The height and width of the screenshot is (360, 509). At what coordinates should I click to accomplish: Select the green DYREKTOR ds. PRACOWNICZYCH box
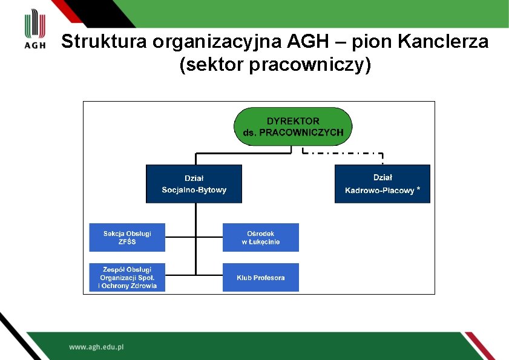click(x=293, y=126)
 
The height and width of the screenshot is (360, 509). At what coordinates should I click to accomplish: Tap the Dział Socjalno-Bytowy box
click(x=194, y=184)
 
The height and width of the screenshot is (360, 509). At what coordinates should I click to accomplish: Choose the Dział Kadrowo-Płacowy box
click(x=382, y=184)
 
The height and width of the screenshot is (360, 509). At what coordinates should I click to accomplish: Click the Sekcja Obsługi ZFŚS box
click(x=127, y=237)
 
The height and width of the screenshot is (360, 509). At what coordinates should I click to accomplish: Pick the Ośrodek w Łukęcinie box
click(x=260, y=237)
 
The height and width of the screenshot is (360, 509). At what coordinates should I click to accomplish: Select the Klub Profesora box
click(x=260, y=278)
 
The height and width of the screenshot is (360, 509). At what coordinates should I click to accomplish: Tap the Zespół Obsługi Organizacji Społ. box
click(x=127, y=278)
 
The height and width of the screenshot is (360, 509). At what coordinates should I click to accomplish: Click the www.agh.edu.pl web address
click(x=96, y=347)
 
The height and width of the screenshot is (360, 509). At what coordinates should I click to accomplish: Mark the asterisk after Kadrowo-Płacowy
click(x=419, y=189)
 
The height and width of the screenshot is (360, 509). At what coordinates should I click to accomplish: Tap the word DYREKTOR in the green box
click(x=293, y=121)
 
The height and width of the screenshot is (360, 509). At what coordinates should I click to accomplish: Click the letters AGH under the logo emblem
click(x=35, y=45)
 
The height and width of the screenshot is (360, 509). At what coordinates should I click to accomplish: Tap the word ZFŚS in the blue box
click(x=127, y=242)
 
